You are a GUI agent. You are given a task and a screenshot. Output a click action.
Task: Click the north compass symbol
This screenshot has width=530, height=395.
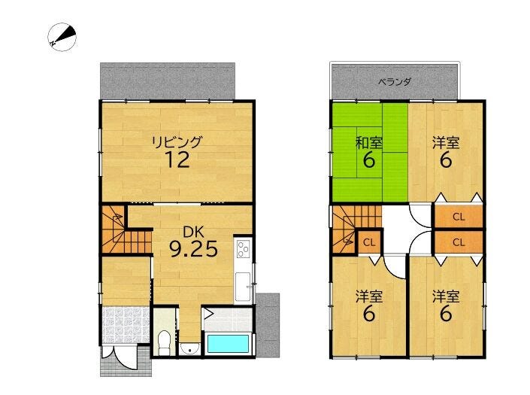tap(62, 37)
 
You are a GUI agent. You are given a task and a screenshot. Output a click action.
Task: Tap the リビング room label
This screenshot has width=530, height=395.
tap(177, 142)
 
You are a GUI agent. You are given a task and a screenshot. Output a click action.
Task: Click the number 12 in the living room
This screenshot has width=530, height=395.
tap(177, 160)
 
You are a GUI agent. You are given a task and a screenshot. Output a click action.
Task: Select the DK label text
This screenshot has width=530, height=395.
tap(193, 232)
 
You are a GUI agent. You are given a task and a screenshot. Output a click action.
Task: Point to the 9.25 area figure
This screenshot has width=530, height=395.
tap(193, 250)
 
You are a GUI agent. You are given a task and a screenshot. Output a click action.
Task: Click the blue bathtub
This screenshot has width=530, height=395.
tap(228, 344)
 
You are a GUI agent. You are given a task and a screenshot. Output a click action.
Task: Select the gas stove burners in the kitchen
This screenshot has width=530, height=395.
tap(243, 249)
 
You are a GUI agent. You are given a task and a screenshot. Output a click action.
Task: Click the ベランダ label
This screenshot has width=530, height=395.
tap(394, 82)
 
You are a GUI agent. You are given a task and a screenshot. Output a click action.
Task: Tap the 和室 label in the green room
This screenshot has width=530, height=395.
tap(369, 143)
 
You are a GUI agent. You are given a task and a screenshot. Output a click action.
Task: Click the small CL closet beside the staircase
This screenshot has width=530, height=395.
tap(369, 242)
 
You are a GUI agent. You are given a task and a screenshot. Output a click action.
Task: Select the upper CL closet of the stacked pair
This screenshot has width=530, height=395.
tap(459, 217)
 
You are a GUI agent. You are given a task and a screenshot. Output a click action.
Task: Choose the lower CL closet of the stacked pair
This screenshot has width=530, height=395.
tap(459, 242)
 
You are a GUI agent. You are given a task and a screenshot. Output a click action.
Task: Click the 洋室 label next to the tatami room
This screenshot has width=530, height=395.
tap(446, 143)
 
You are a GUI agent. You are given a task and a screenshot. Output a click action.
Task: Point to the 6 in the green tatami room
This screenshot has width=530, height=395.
tap(369, 160)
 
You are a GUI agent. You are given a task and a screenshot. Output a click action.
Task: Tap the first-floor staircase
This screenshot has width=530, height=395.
tap(126, 229)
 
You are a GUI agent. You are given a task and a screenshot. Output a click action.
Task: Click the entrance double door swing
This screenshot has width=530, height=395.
tap(120, 357)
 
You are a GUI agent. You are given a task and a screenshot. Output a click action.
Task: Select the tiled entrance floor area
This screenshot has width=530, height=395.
tap(126, 325)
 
